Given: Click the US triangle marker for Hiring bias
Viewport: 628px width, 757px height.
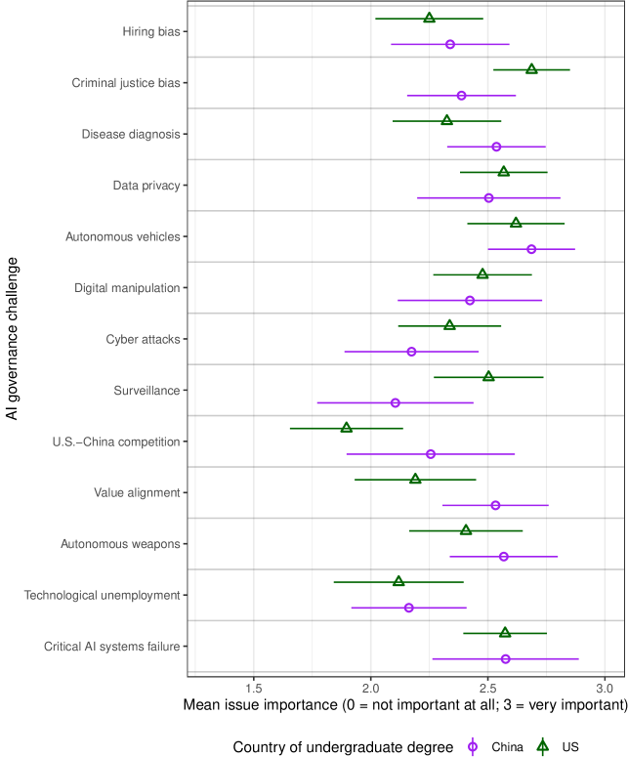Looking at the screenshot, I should [x=430, y=19].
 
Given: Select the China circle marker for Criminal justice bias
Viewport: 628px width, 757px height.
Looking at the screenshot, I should [x=461, y=96].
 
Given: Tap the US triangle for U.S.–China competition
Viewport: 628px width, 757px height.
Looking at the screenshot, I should [x=346, y=428].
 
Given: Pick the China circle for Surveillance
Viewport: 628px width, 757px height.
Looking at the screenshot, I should [x=395, y=402].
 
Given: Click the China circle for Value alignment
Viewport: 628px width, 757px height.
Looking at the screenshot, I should [x=495, y=505].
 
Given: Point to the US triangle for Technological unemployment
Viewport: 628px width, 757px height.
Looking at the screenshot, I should [x=398, y=581].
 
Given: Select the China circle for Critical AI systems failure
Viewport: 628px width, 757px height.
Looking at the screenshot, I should [x=505, y=658].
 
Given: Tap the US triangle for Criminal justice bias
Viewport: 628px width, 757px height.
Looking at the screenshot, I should [x=531, y=69].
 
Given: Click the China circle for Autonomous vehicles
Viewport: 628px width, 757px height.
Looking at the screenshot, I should [x=531, y=249].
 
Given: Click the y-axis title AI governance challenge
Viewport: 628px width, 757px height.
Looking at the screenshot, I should [x=12, y=338].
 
